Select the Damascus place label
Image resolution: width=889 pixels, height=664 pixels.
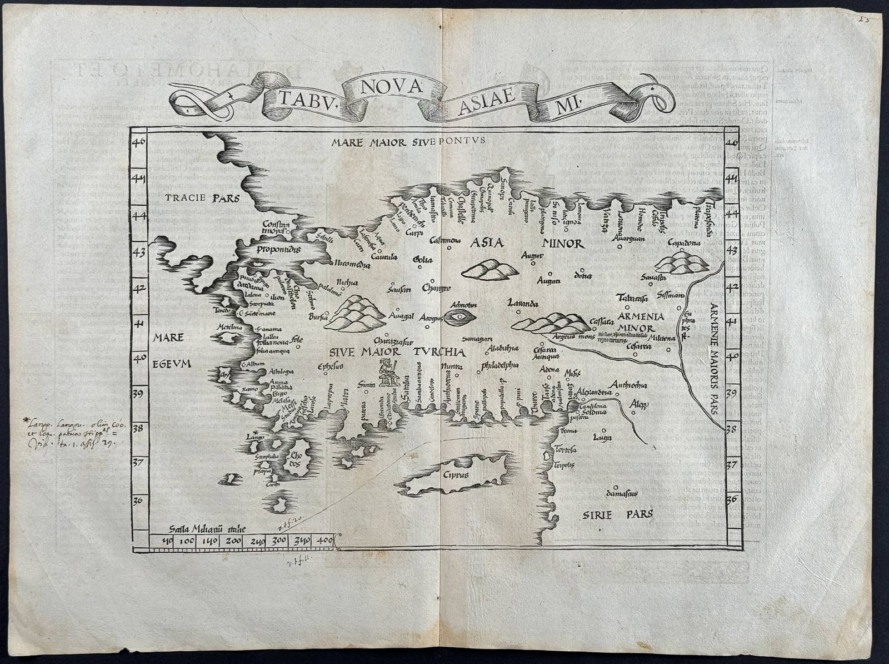tap(621, 493)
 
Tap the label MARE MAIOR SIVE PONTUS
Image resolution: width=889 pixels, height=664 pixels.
tap(408, 141)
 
